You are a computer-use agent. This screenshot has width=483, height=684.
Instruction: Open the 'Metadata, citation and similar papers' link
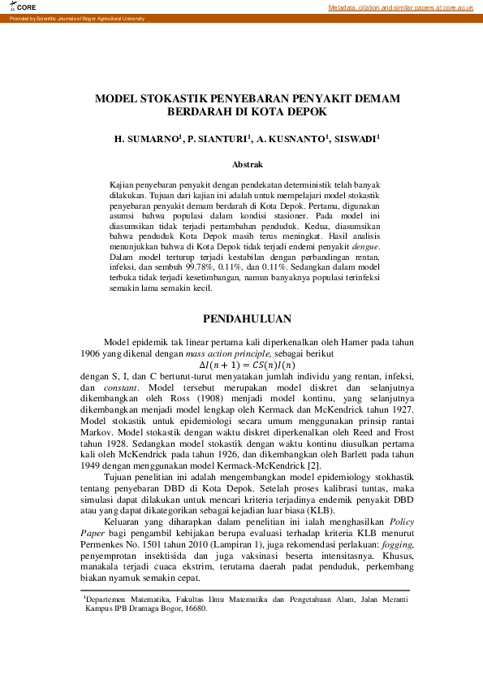tap(400, 7)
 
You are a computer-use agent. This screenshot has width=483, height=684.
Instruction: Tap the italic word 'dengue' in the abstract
tap(364, 245)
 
